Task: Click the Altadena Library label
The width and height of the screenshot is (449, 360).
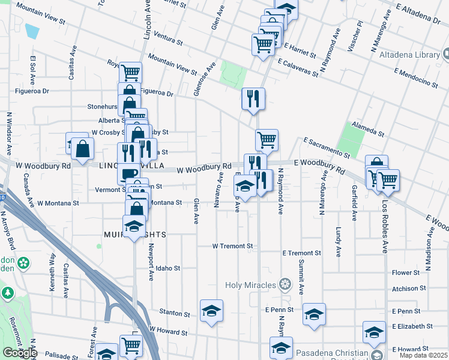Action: (x=409, y=55)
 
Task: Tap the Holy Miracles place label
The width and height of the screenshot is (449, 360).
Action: (x=251, y=284)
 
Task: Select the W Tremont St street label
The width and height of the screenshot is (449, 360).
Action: (x=234, y=246)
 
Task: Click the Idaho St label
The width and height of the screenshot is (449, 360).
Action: (x=168, y=268)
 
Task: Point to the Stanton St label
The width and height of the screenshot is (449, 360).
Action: (x=175, y=313)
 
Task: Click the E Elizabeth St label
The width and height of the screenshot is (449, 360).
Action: (x=412, y=326)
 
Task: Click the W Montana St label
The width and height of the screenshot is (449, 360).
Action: (x=58, y=203)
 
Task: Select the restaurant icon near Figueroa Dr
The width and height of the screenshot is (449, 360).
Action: (x=253, y=98)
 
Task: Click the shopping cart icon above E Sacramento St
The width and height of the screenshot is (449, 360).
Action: (x=267, y=140)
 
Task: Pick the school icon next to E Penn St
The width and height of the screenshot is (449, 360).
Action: (x=314, y=314)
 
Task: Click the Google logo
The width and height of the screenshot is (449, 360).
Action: (x=19, y=352)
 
